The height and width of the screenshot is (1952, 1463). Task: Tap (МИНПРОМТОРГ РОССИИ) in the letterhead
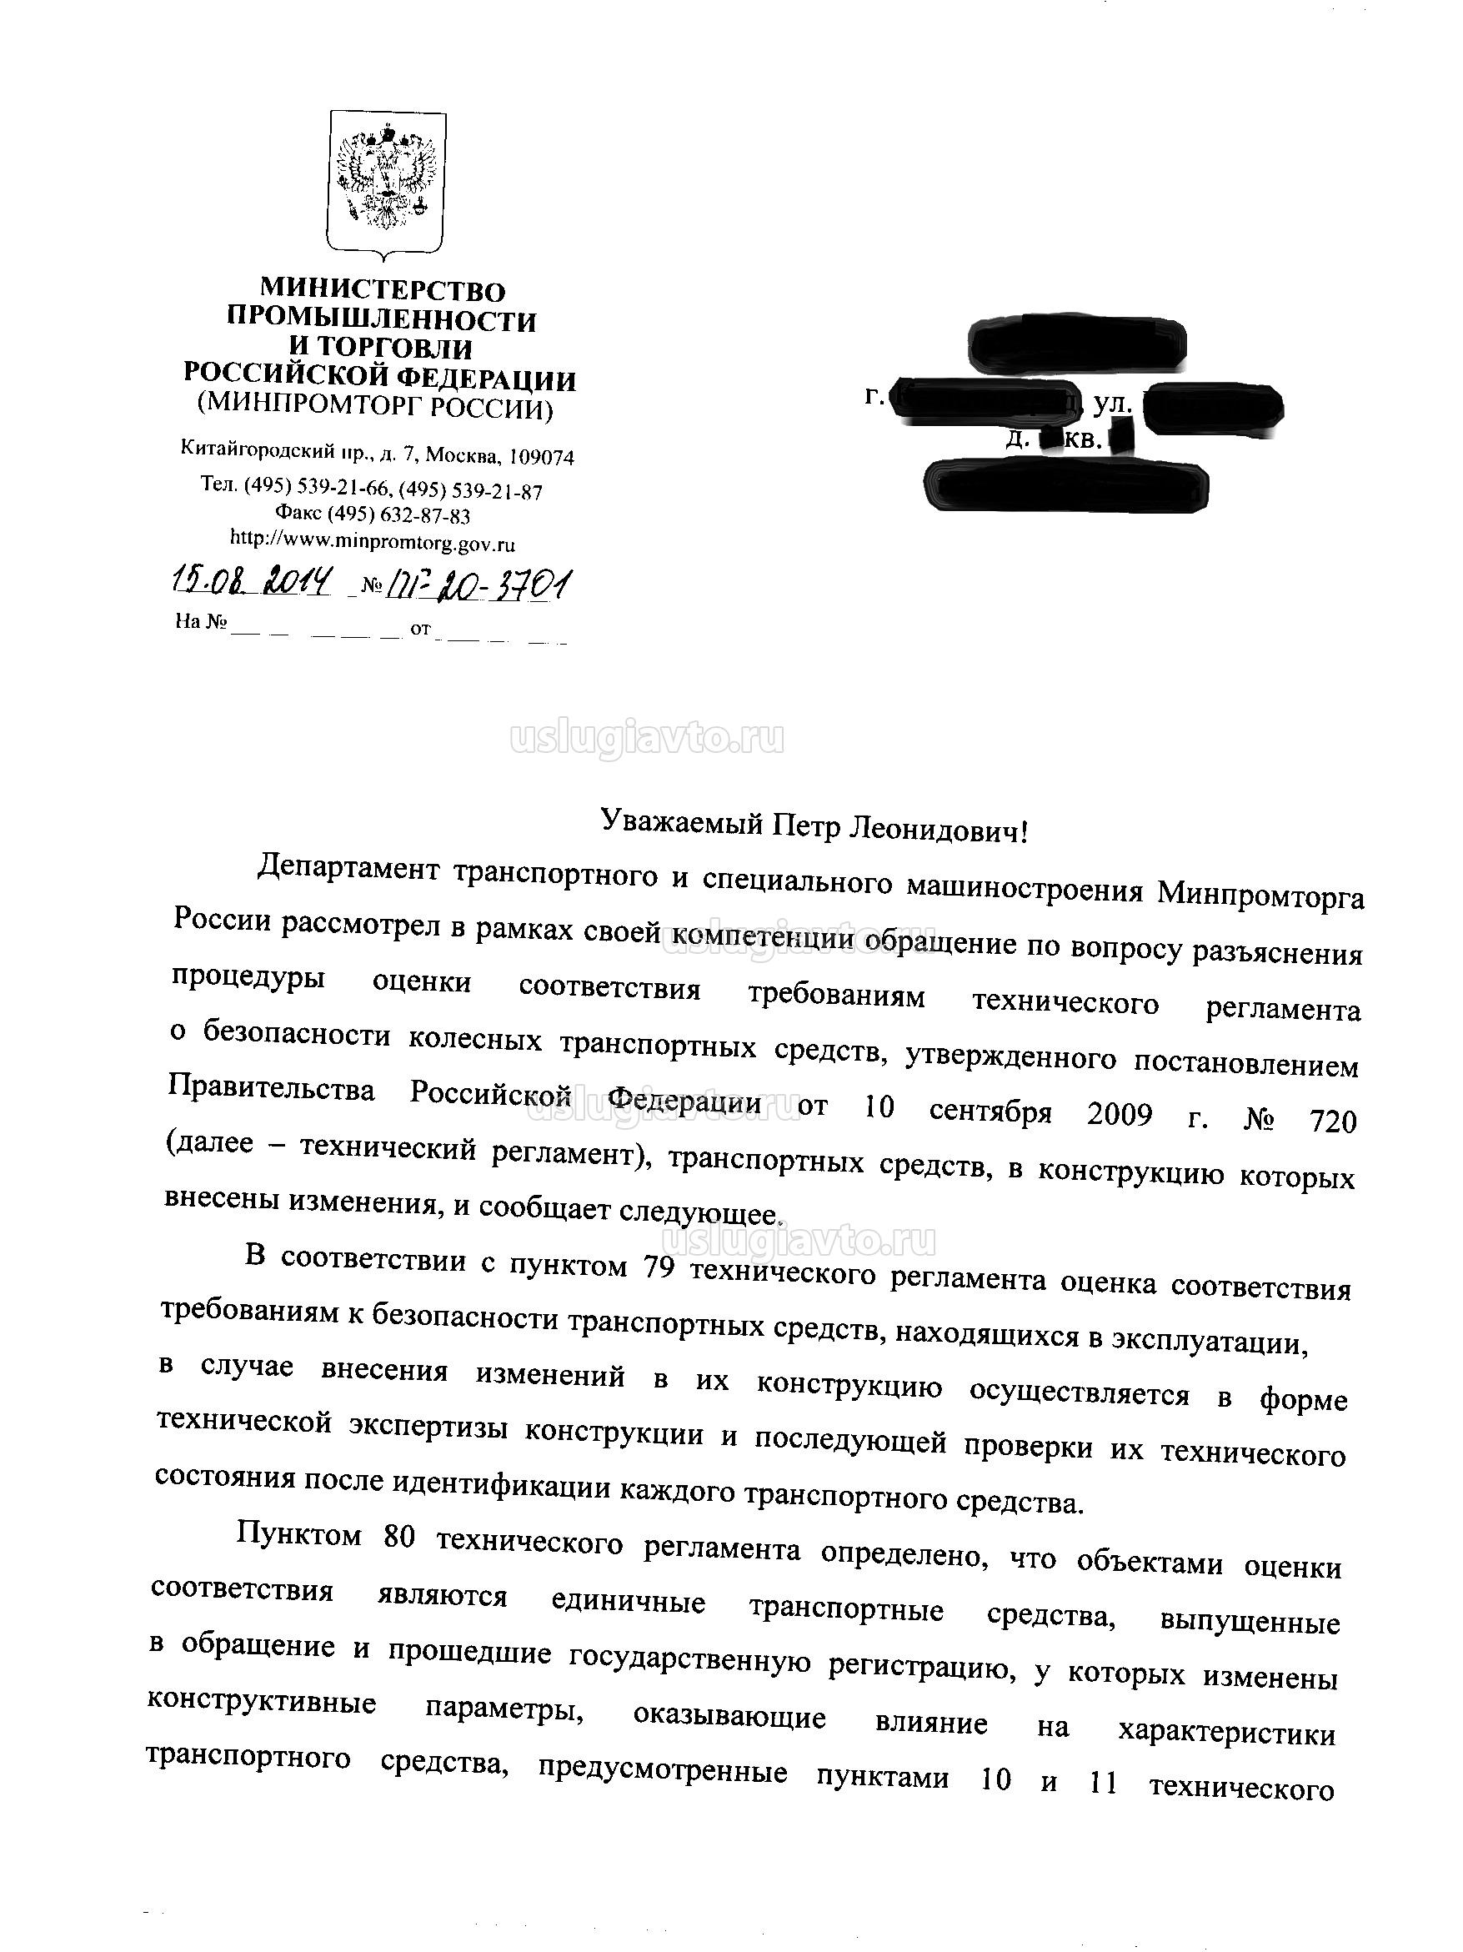[x=375, y=407]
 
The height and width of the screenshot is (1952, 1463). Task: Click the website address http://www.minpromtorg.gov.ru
[x=373, y=539]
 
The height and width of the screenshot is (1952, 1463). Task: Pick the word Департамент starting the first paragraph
[x=348, y=868]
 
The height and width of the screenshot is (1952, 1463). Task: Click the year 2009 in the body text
[x=1119, y=1115]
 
